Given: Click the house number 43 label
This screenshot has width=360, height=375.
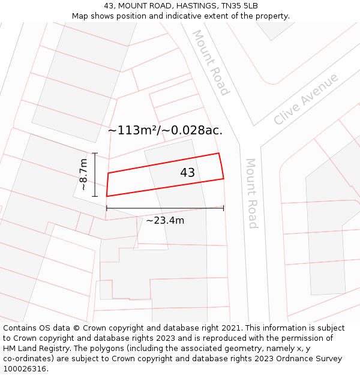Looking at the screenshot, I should pyautogui.click(x=187, y=173).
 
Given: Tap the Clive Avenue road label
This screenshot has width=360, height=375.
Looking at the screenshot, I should pyautogui.click(x=305, y=99).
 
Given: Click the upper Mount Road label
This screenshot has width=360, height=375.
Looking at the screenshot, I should pyautogui.click(x=211, y=62).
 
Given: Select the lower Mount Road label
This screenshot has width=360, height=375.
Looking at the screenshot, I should pyautogui.click(x=252, y=193).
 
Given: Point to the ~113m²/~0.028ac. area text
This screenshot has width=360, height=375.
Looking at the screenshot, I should pyautogui.click(x=165, y=130).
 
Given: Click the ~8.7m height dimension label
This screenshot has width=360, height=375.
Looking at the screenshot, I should pyautogui.click(x=83, y=174).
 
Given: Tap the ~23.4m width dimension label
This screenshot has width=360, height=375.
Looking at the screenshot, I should pyautogui.click(x=165, y=220).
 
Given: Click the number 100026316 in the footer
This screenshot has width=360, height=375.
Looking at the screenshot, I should pyautogui.click(x=25, y=368).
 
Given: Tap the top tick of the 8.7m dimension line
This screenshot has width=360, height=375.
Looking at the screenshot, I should pyautogui.click(x=95, y=154).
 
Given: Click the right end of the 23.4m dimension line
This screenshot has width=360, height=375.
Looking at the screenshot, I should pyautogui.click(x=224, y=208).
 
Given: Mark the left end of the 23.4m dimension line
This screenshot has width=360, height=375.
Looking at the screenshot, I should pyautogui.click(x=107, y=208).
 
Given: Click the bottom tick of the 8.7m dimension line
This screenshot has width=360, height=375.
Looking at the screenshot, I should pyautogui.click(x=95, y=196).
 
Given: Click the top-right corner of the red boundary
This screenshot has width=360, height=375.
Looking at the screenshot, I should pyautogui.click(x=218, y=153).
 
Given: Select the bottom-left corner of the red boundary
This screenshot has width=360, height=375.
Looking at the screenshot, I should pyautogui.click(x=107, y=196).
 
